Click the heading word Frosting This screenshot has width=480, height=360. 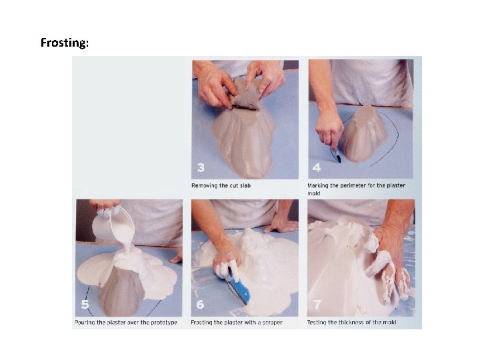64,43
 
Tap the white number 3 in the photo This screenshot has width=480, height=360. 201,167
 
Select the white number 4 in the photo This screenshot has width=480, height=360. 317,167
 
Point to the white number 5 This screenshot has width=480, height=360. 85,304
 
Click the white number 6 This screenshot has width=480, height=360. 200,304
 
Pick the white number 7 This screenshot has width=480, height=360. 317,304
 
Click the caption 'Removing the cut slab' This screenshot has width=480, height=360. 221,185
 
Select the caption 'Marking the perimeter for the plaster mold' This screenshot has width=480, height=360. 356,189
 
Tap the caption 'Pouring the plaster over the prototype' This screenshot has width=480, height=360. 126,323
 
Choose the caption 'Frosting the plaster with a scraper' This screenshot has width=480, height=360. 237,323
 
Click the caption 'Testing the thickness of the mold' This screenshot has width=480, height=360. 352,323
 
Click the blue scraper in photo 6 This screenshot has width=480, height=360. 239,286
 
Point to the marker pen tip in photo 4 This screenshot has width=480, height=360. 339,161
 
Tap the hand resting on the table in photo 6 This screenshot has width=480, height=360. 281,225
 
